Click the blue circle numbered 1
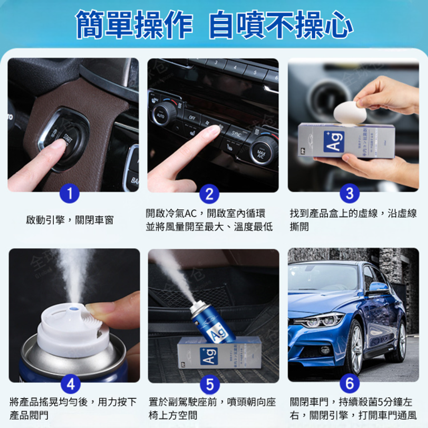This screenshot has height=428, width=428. [69, 194]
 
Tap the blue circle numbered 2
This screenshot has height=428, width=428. [209, 194]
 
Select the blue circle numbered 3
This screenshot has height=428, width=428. [349, 194]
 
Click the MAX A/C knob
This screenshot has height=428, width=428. [262, 151]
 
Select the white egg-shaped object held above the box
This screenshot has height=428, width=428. [350, 112]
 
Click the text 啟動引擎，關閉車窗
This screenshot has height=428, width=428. [69, 220]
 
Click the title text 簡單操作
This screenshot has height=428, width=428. [134, 24]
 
